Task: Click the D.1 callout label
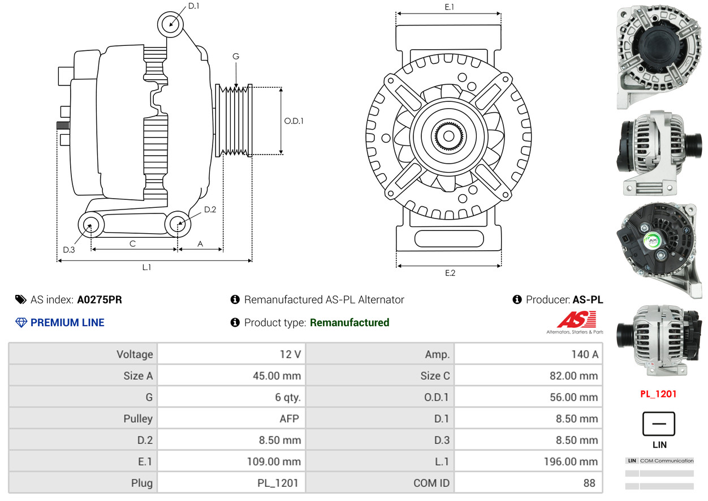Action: tap(193, 6)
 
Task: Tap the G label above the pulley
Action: tap(236, 56)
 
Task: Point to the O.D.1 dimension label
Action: tap(293, 121)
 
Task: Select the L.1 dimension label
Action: tap(146, 267)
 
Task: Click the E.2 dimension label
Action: tap(450, 273)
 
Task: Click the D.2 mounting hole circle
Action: tap(178, 224)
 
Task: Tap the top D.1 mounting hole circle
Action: tap(170, 24)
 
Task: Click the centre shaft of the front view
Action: tap(448, 136)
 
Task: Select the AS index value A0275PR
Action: tap(100, 299)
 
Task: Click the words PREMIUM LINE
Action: tap(67, 323)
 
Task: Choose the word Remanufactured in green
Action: tap(349, 323)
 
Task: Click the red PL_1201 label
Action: tap(658, 394)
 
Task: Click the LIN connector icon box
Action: tap(659, 424)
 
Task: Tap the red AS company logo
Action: tap(576, 320)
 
